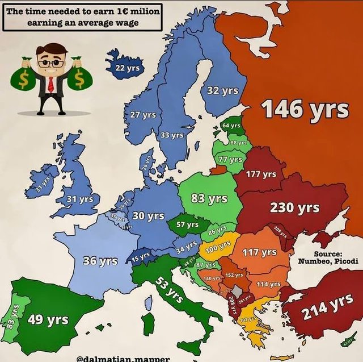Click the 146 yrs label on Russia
[x=305, y=110]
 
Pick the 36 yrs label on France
[x=100, y=261]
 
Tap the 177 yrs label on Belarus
[x=261, y=174]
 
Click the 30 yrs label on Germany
[x=148, y=216]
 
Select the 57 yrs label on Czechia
[x=187, y=224]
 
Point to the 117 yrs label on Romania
[x=260, y=252]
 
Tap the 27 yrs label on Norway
[x=143, y=115]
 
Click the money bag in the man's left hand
[x=79, y=79]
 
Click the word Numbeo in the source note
[x=314, y=261]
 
